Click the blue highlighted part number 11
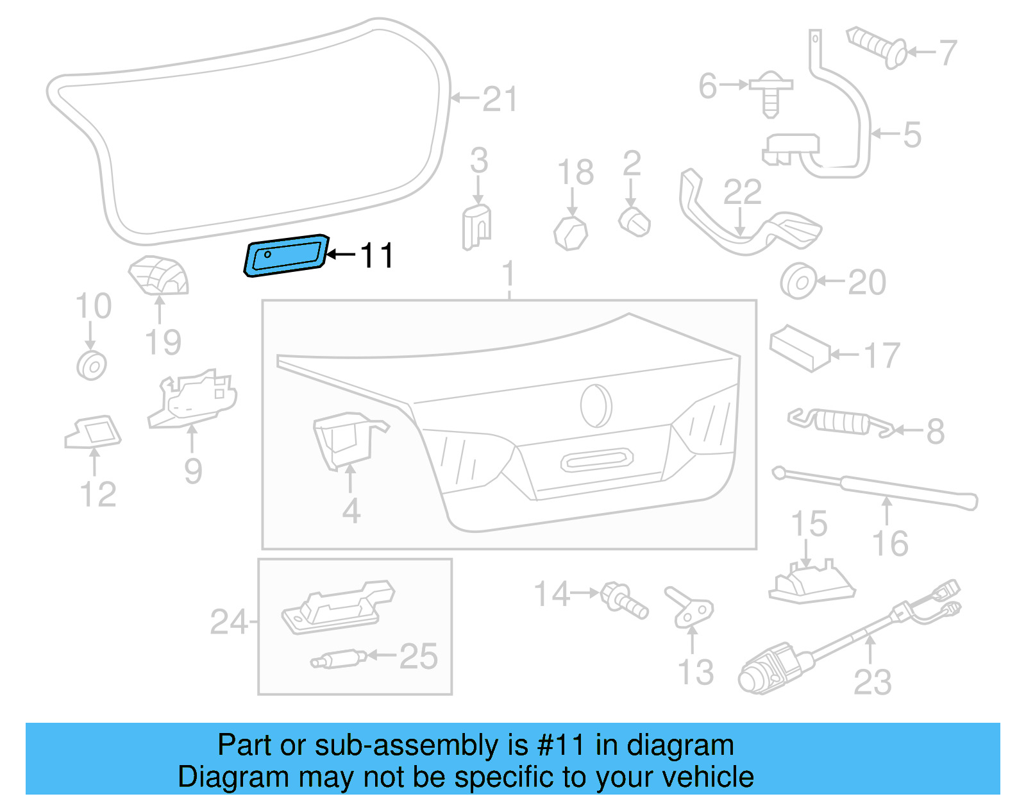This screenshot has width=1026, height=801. coord(286,256)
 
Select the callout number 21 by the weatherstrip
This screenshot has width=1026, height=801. coord(499,99)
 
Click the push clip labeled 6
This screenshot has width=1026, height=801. coord(771,94)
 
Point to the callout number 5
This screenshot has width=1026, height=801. coord(912,135)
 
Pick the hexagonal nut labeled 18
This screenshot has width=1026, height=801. coord(571,233)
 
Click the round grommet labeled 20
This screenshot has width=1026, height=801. coord(798,281)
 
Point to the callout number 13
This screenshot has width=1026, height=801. coord(696,671)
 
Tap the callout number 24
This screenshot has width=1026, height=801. coord(228,621)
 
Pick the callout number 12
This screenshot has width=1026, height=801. coord(98,494)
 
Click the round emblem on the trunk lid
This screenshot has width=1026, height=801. coord(596,405)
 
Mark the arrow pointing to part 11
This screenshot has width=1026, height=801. coord(341,255)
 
